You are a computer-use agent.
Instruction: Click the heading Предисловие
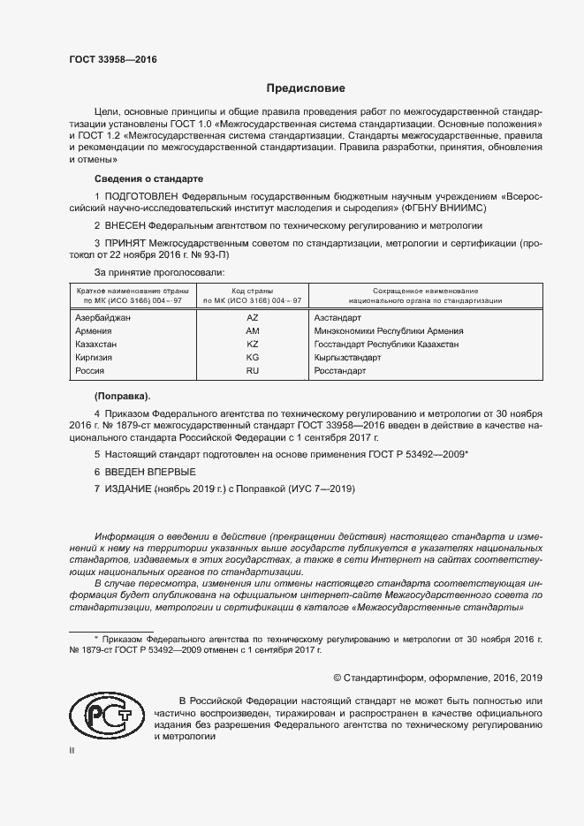tap(307, 89)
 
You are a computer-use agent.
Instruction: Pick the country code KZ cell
tap(252, 345)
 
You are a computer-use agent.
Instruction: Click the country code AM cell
tap(252, 330)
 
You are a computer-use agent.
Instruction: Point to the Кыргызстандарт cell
tap(347, 358)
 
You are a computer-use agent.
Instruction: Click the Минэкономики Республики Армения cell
tap(389, 330)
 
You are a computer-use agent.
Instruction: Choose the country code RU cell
tap(252, 372)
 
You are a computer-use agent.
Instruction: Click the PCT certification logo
tap(101, 713)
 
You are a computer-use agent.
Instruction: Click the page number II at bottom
tap(72, 750)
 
